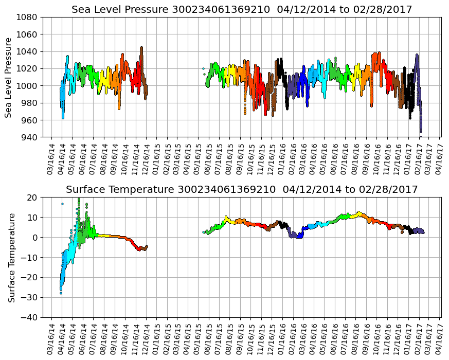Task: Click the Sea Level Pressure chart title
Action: pos(242,9)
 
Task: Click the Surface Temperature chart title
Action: pos(242,190)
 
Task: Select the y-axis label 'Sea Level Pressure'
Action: pos(9,77)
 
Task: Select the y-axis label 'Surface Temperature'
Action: pos(11,257)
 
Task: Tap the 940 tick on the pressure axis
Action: pos(29,137)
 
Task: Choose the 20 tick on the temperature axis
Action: pos(32,197)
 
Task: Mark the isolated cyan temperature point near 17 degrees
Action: pos(62,204)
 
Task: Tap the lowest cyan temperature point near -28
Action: pos(61,293)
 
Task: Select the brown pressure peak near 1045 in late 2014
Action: pos(141,48)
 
